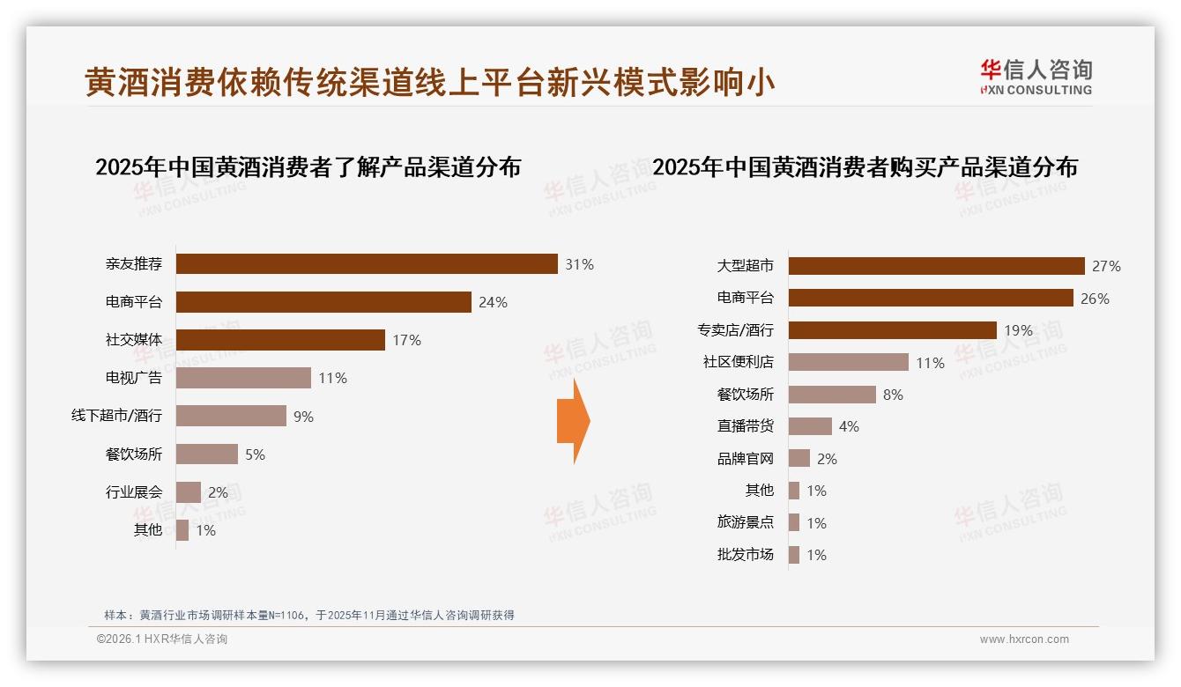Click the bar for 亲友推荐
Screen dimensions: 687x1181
click(367, 264)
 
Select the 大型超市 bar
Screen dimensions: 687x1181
click(936, 266)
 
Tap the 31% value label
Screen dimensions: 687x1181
click(580, 264)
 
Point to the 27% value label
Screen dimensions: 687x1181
click(1106, 266)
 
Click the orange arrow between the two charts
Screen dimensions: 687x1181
click(574, 421)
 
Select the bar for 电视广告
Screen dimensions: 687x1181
click(243, 378)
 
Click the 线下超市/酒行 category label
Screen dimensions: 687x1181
click(116, 416)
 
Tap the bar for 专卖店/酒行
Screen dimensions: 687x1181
click(892, 330)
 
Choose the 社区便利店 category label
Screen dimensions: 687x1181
click(738, 362)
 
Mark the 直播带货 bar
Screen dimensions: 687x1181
click(810, 426)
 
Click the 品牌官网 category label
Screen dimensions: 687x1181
click(745, 459)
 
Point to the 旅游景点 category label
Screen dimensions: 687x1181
click(745, 522)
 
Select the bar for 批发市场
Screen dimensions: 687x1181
click(794, 555)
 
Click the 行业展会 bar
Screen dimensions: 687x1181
click(189, 492)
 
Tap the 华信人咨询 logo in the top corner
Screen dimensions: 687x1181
click(1036, 77)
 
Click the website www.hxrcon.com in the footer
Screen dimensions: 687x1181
click(1024, 639)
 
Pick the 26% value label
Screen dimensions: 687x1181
click(1095, 299)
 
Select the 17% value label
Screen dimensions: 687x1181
click(407, 340)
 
